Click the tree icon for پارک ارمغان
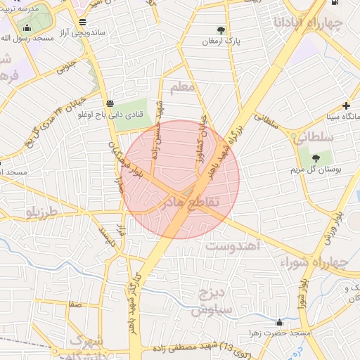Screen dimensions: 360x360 point(221,30)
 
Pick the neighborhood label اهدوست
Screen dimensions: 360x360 point(233,247)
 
